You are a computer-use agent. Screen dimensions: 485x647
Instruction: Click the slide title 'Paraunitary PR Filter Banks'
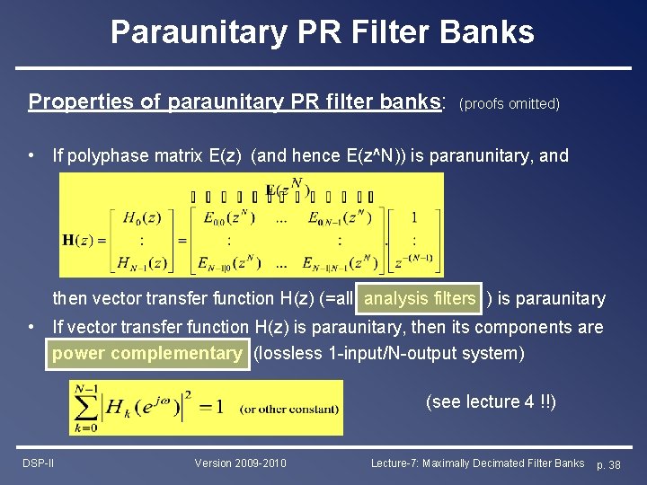[x=323, y=32]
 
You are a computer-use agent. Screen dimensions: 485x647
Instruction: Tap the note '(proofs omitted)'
[x=510, y=103]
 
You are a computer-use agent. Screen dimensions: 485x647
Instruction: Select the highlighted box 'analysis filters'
[x=420, y=298]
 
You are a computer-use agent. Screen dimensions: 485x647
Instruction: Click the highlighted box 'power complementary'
[x=146, y=353]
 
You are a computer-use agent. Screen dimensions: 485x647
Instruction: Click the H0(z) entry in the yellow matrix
[x=144, y=217]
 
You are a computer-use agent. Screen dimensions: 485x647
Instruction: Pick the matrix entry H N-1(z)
[x=145, y=263]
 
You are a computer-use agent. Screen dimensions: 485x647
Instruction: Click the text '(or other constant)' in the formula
[x=289, y=409]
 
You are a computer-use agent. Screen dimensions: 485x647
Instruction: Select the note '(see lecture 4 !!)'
[x=491, y=401]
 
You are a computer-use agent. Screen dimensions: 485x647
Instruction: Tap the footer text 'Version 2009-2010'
[x=241, y=463]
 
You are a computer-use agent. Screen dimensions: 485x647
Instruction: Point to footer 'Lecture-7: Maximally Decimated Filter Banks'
[x=477, y=463]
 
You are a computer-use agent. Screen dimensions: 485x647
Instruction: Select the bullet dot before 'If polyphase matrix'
[x=31, y=155]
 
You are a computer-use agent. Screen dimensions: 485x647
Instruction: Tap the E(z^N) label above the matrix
[x=288, y=191]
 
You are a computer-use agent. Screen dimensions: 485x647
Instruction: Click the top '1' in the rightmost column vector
[x=413, y=217]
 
